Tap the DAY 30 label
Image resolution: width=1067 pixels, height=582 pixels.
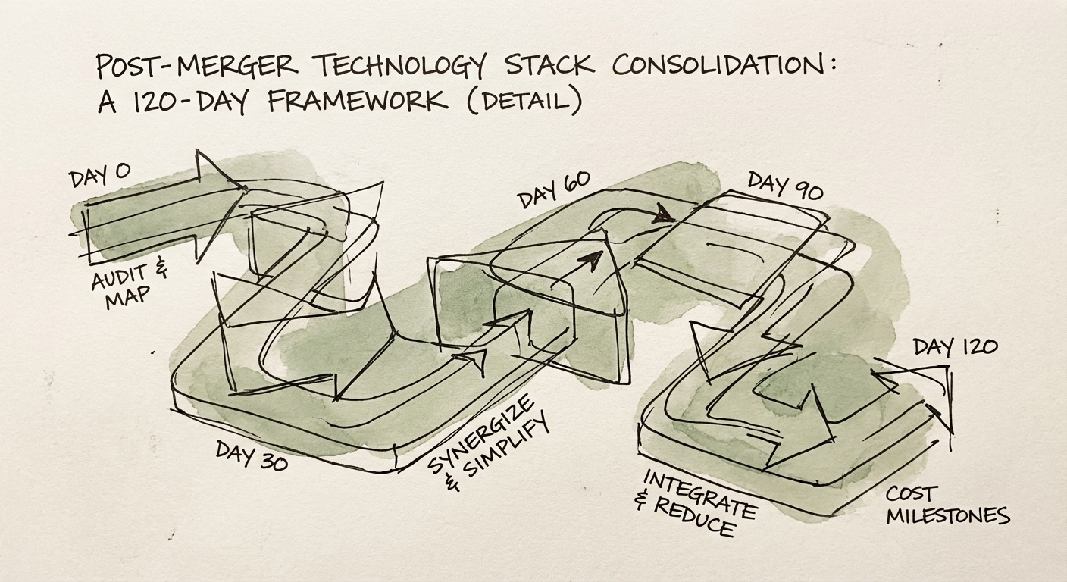coord(252,453)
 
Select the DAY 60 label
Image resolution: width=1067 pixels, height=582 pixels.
coord(554,191)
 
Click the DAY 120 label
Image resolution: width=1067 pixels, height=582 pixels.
coord(955,348)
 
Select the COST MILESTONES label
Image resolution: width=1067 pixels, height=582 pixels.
coord(947,507)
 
